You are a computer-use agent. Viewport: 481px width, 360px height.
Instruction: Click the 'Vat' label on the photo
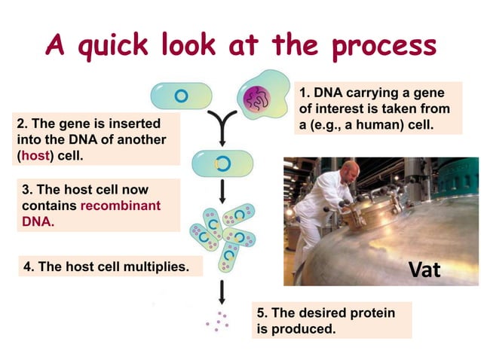point(424,269)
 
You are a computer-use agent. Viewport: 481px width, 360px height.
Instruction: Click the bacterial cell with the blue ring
point(181,96)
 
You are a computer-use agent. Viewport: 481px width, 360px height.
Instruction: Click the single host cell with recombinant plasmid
point(220,163)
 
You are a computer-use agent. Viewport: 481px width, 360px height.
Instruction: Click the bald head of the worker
point(347,167)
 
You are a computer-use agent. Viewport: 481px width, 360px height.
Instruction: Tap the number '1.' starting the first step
point(305,93)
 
